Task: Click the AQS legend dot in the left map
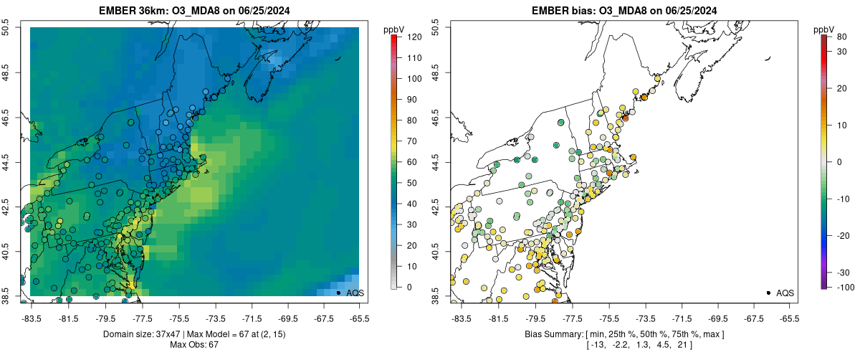pyautogui.click(x=338, y=293)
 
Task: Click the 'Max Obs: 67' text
pyautogui.click(x=194, y=345)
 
